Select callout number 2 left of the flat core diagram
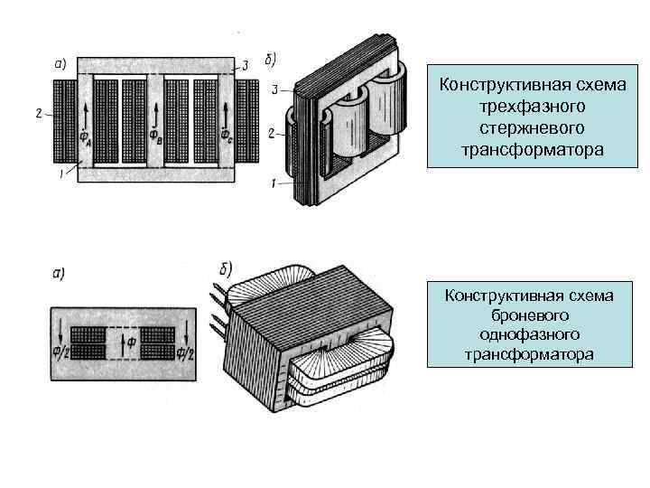(x=38, y=113)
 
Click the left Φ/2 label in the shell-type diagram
(x=58, y=348)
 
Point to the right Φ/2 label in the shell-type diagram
(x=187, y=350)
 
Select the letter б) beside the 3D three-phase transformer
(x=272, y=60)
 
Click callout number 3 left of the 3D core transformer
(x=274, y=90)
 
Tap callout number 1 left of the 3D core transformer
(x=274, y=183)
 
